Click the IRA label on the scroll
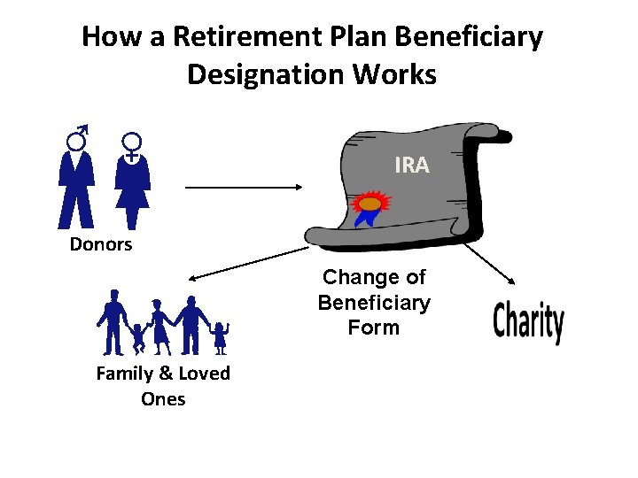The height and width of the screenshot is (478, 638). point(412,165)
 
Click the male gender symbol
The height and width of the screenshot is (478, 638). point(79,139)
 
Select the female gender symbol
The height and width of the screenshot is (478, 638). point(132,144)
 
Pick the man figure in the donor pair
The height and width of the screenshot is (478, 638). point(77,191)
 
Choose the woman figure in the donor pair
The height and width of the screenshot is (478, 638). point(133,191)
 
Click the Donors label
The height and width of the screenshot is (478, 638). point(101,244)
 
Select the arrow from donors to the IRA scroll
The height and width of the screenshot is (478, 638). point(244,187)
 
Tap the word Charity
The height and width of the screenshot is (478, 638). point(528,322)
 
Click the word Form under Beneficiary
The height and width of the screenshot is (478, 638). point(373,328)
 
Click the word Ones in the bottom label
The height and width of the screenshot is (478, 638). point(163,398)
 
